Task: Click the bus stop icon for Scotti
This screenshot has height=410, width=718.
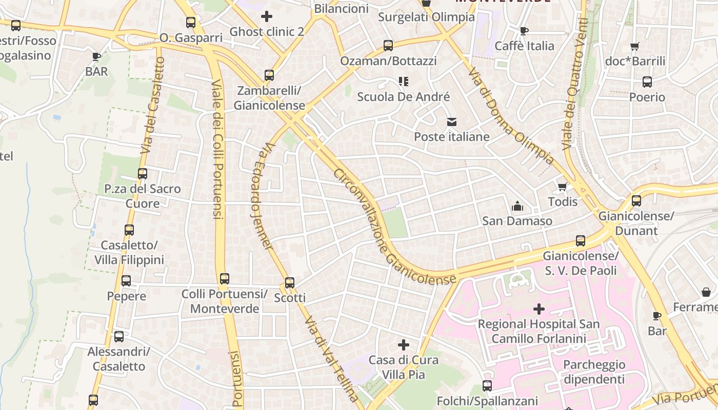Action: tap(290, 282)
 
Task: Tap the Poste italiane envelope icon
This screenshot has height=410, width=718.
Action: tap(452, 122)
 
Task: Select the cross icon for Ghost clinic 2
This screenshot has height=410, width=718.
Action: tap(267, 16)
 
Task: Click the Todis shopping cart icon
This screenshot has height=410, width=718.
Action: tap(563, 187)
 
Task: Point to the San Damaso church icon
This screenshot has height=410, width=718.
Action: tap(517, 206)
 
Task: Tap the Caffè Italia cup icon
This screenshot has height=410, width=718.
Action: tap(524, 31)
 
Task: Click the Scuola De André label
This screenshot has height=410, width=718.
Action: tap(403, 97)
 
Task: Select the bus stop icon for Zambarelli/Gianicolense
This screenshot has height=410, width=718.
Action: tap(269, 75)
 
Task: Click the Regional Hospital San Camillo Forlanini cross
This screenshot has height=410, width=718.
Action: tap(539, 309)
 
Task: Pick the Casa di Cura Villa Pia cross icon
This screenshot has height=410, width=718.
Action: tap(404, 345)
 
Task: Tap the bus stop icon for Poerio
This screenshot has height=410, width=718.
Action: tap(647, 82)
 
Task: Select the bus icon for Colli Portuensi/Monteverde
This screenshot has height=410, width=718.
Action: tap(225, 279)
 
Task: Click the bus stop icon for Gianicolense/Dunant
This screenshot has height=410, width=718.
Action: tap(636, 201)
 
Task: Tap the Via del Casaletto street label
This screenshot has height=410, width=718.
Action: tap(152, 106)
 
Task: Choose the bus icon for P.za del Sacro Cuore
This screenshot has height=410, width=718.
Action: tap(143, 174)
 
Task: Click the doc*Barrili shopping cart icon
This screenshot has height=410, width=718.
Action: tap(635, 46)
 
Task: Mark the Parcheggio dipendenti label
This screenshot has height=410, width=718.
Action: tap(594, 372)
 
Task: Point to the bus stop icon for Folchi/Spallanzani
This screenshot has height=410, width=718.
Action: tap(487, 386)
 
